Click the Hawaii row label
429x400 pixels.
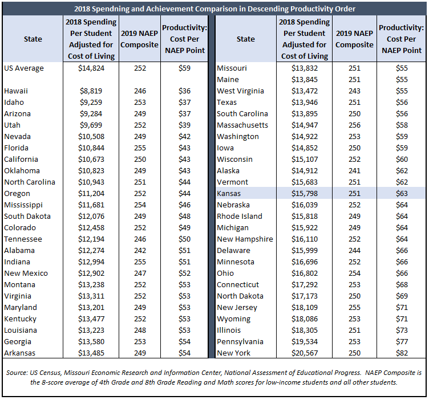(x=16, y=91)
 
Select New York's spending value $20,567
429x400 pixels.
(x=305, y=353)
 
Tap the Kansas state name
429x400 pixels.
(x=229, y=193)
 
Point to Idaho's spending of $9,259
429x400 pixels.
(x=91, y=103)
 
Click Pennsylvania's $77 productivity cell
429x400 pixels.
(x=402, y=341)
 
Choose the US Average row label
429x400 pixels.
(x=24, y=68)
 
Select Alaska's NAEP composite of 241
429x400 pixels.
(x=354, y=171)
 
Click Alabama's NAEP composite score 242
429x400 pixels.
(x=140, y=251)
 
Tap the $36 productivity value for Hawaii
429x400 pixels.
(x=184, y=91)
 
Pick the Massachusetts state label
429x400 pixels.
(x=242, y=125)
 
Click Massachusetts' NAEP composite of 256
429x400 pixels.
(x=354, y=125)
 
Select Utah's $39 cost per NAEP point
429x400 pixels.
(x=184, y=125)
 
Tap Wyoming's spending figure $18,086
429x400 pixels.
(x=305, y=319)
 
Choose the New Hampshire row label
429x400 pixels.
(x=245, y=239)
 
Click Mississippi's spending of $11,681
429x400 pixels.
(x=91, y=205)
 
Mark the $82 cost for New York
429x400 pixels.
(x=402, y=353)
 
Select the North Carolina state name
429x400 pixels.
(x=30, y=182)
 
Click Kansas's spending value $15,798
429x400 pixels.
(x=305, y=193)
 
